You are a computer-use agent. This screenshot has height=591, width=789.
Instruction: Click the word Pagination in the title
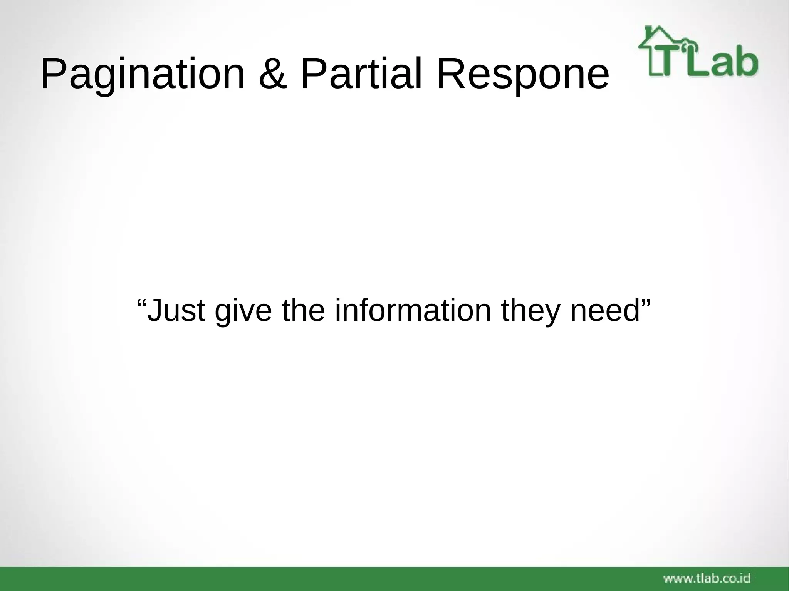click(x=143, y=74)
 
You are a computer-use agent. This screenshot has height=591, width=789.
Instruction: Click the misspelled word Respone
click(x=523, y=74)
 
